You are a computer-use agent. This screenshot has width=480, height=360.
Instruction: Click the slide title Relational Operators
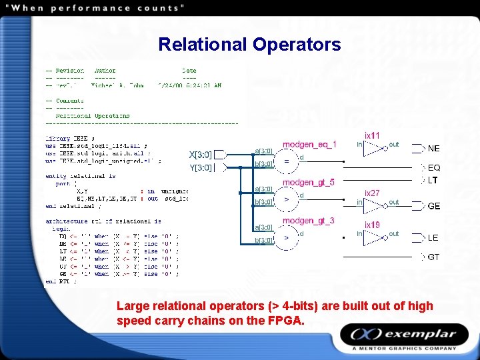click(249, 45)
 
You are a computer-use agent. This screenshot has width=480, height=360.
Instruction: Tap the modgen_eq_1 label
click(309, 145)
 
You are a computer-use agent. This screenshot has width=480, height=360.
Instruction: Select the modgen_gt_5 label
click(308, 183)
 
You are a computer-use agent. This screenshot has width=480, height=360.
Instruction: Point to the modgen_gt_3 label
click(308, 221)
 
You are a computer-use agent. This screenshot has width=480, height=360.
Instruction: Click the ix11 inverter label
click(372, 136)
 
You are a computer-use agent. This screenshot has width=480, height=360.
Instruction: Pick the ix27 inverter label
click(372, 193)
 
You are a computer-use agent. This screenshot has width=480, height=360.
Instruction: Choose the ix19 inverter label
click(372, 225)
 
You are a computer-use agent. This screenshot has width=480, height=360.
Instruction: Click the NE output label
click(433, 149)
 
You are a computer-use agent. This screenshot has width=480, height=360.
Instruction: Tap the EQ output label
click(433, 168)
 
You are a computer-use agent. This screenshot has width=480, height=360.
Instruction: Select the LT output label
click(433, 180)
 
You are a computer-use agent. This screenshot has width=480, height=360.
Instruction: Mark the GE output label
click(433, 206)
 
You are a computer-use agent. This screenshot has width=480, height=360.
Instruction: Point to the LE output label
click(433, 238)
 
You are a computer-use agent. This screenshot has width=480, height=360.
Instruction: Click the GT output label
click(433, 257)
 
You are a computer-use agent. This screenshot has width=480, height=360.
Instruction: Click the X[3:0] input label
click(201, 155)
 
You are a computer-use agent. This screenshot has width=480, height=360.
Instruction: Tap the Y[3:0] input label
click(201, 168)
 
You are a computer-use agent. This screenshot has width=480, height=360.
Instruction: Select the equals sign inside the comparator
click(287, 161)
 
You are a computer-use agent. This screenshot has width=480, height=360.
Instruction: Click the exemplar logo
click(406, 335)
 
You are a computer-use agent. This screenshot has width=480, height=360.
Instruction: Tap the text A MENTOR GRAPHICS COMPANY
click(405, 348)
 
